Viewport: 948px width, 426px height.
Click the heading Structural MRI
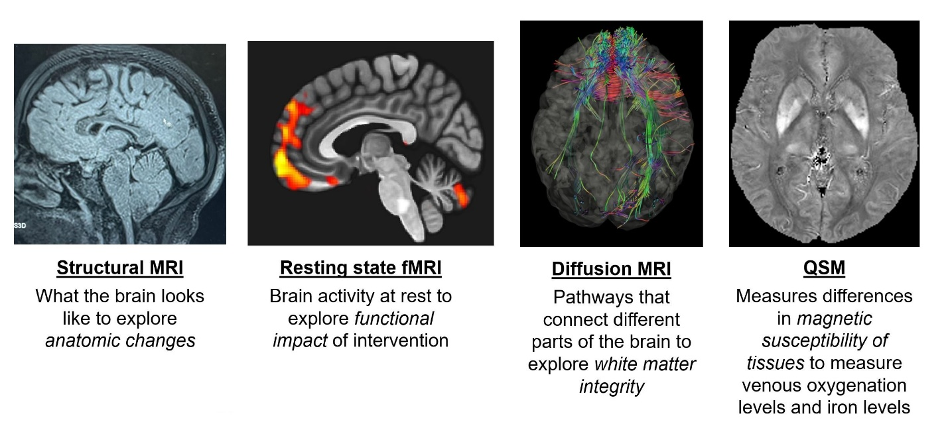[x=120, y=268]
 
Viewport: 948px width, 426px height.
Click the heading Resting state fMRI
[x=360, y=268]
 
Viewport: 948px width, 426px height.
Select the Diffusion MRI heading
[x=611, y=270]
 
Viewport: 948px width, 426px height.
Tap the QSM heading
[x=823, y=268]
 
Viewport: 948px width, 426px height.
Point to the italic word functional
[x=393, y=319]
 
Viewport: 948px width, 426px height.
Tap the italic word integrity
[x=611, y=386]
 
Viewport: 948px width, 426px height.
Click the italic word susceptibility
[x=825, y=341]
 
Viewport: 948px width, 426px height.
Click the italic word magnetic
[x=834, y=319]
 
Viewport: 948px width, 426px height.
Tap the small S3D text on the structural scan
[x=21, y=226]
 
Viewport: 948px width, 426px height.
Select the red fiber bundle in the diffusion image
[x=611, y=83]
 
